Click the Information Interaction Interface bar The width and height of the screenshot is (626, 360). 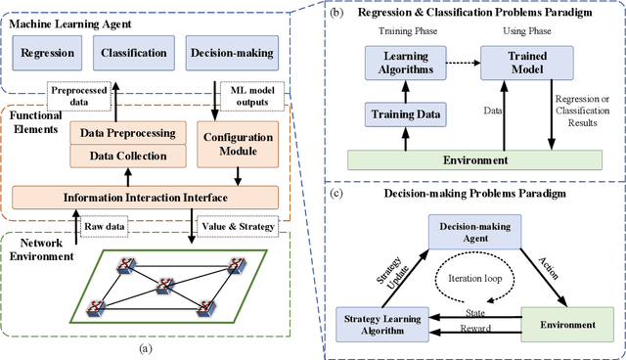[147, 199]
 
